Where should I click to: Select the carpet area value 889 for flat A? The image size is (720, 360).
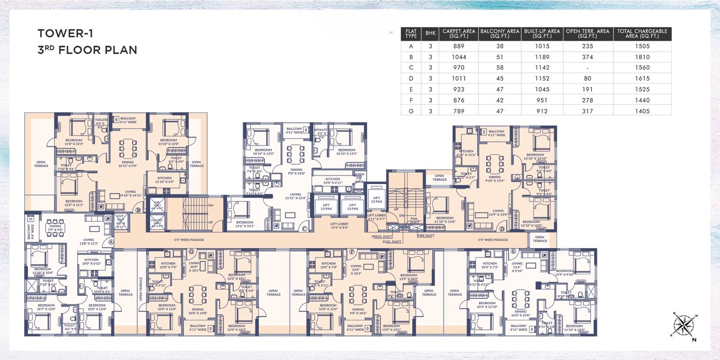point(459,46)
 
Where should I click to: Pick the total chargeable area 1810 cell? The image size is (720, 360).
point(642,57)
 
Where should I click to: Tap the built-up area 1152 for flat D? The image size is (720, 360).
point(542,78)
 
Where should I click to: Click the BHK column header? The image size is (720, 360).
point(428,34)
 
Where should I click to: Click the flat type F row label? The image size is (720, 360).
point(410,100)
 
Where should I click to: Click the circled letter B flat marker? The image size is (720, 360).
point(138,210)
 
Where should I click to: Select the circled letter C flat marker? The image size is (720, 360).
point(304,229)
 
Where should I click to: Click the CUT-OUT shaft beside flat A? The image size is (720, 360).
point(120,222)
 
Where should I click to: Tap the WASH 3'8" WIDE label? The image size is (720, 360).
point(359,177)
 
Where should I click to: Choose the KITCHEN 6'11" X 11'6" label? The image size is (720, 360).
point(466,153)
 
